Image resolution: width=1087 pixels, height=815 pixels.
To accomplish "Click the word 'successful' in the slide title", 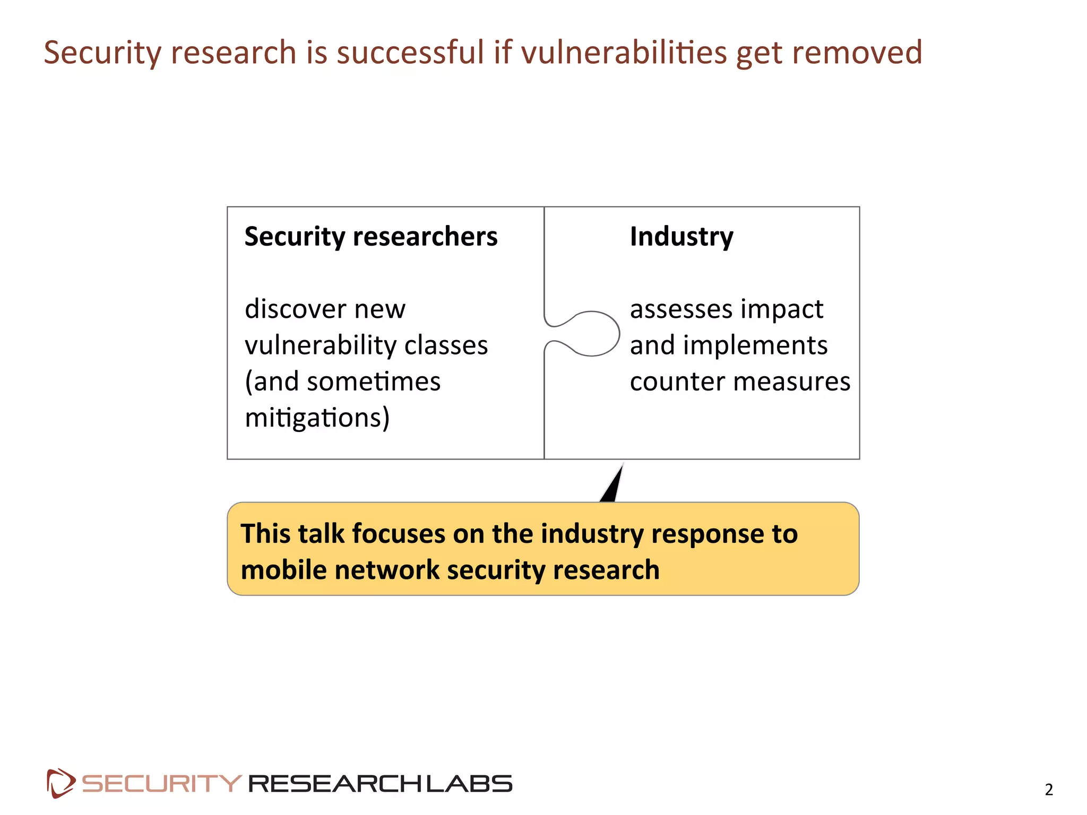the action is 410,53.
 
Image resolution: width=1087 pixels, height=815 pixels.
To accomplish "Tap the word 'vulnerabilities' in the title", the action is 624,53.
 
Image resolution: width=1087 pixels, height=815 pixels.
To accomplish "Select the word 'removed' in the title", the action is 857,53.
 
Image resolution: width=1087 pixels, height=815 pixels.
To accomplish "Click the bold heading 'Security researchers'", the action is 371,237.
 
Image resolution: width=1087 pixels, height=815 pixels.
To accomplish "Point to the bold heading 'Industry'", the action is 681,237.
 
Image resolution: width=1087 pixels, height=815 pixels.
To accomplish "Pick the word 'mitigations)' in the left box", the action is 317,418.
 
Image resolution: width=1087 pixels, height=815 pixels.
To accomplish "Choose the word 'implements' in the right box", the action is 755,345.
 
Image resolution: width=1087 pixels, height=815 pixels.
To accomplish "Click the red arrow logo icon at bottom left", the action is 61,783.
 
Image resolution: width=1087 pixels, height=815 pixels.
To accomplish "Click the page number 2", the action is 1049,790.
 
